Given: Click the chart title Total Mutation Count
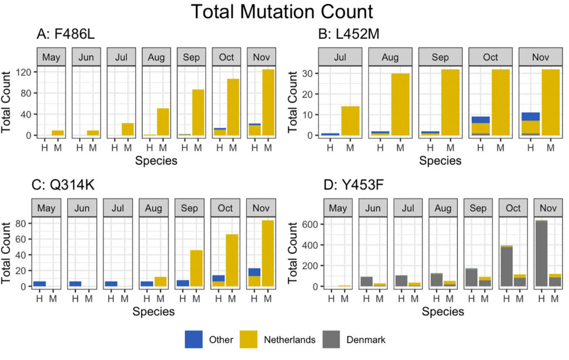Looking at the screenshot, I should (x=284, y=12).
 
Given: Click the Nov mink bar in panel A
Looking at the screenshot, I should (x=268, y=102).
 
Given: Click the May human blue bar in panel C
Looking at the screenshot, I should (x=39, y=283).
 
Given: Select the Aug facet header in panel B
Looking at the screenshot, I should (x=390, y=57).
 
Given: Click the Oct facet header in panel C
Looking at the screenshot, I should (x=226, y=208).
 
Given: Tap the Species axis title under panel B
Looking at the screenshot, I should (x=440, y=161).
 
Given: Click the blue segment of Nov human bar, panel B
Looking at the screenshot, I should (x=531, y=116).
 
